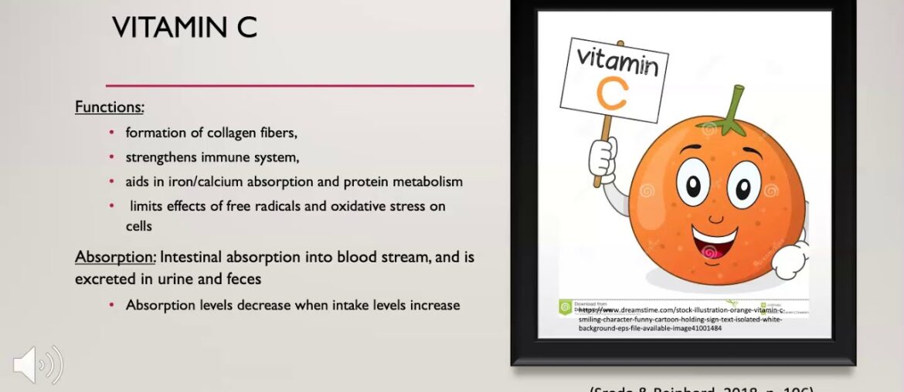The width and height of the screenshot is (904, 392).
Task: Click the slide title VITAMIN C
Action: (x=184, y=28)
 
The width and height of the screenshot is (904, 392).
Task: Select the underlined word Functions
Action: (x=110, y=107)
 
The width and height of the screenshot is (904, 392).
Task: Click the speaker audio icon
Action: (x=38, y=365)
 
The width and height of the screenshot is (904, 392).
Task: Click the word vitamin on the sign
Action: (x=617, y=61)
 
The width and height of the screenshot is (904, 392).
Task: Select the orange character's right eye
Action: (x=744, y=186)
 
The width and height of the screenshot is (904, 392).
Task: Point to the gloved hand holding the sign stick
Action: (x=603, y=157)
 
